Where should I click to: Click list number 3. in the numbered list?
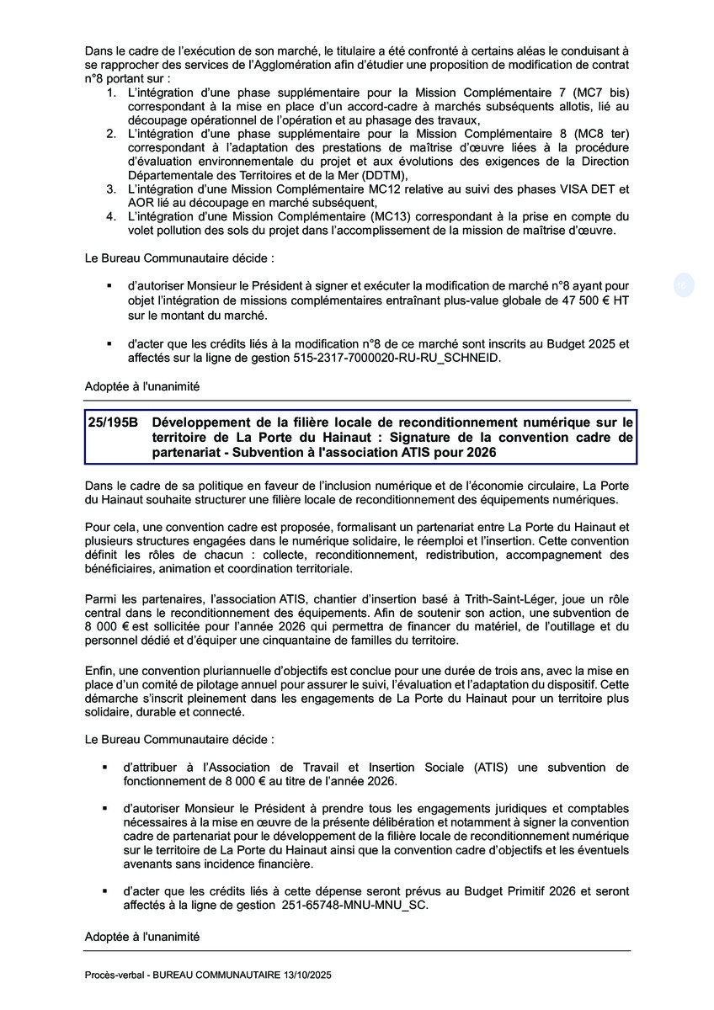pyautogui.click(x=112, y=189)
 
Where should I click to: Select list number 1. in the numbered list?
pyautogui.click(x=112, y=91)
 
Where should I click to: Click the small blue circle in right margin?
pyautogui.click(x=683, y=286)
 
